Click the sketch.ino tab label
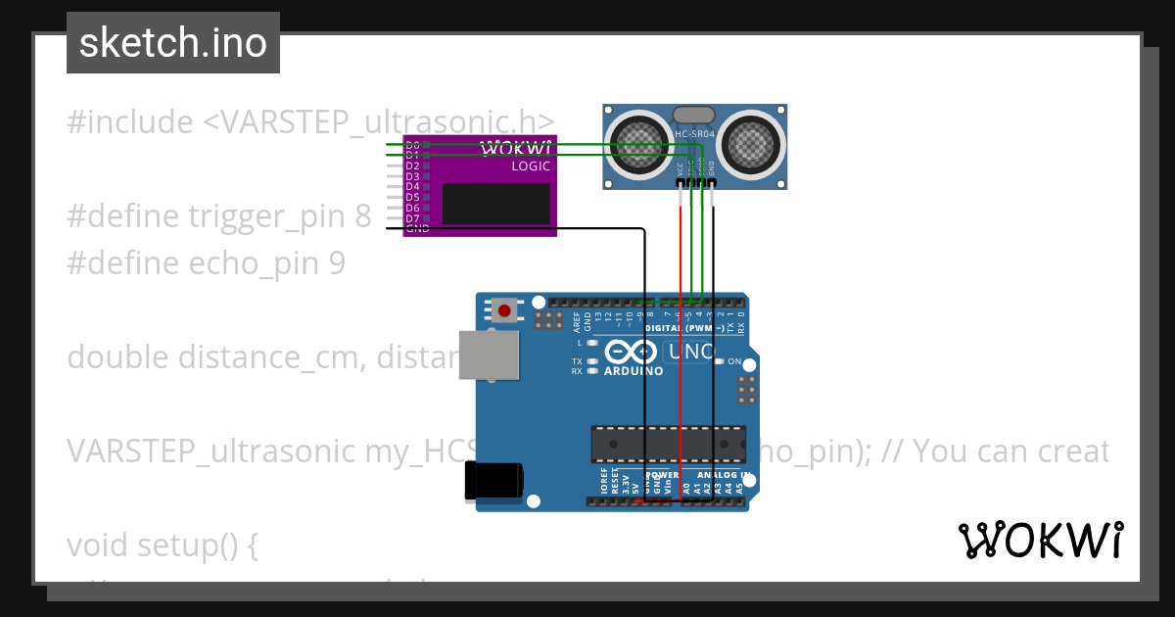tap(173, 43)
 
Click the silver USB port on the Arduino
tap(490, 354)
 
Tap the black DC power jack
tap(494, 480)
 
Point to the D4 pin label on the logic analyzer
tap(412, 186)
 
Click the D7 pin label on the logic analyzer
tap(412, 217)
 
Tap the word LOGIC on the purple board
tap(531, 166)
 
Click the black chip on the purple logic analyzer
tap(495, 203)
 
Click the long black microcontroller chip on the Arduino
tap(665, 444)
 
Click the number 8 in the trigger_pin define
tap(363, 216)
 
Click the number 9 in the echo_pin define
tap(336, 263)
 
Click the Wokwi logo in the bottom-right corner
tap(1041, 540)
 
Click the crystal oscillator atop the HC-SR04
tap(694, 115)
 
